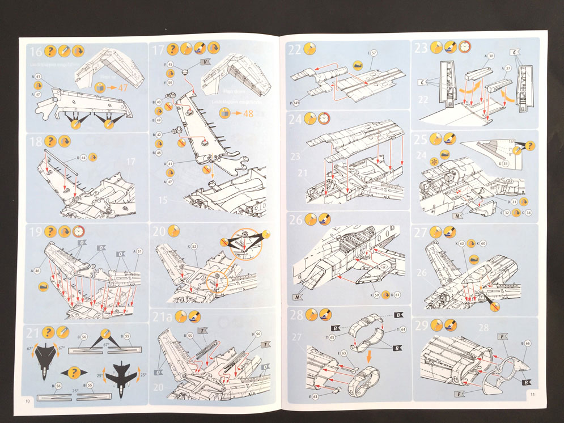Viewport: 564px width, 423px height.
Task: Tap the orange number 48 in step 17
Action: click(x=248, y=112)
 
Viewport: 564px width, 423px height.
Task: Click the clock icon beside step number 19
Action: click(x=78, y=231)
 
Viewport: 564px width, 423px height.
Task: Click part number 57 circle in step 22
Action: click(x=374, y=53)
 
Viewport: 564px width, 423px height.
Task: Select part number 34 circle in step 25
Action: click(x=528, y=213)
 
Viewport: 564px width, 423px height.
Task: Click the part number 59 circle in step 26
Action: click(x=376, y=294)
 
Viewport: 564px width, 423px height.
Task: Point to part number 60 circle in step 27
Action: click(x=483, y=244)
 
